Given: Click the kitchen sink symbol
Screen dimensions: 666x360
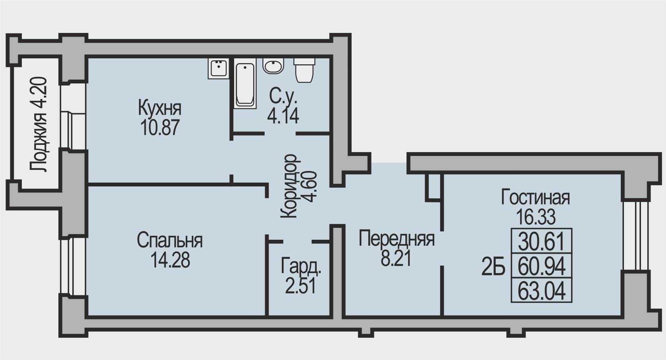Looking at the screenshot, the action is (218, 68).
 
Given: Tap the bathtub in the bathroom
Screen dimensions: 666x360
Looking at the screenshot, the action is (245, 83).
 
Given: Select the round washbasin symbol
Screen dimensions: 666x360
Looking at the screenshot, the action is (273, 66).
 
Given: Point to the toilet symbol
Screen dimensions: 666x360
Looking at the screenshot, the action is (304, 70).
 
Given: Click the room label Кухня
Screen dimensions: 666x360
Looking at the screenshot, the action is (160, 108).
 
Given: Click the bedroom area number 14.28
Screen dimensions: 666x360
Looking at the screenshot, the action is (170, 260).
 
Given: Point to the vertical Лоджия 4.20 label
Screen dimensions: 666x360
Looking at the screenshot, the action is (38, 125).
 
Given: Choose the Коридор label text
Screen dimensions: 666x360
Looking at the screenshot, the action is (289, 186).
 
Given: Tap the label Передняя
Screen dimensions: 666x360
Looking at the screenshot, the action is (397, 239).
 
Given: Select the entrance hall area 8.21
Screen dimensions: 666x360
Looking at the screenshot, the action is (396, 259).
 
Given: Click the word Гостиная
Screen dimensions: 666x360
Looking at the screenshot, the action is (535, 198).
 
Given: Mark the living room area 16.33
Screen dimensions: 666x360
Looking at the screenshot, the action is (536, 217).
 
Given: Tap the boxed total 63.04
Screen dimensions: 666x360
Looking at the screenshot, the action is (541, 291).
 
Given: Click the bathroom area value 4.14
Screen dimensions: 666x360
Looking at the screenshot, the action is (283, 116).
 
